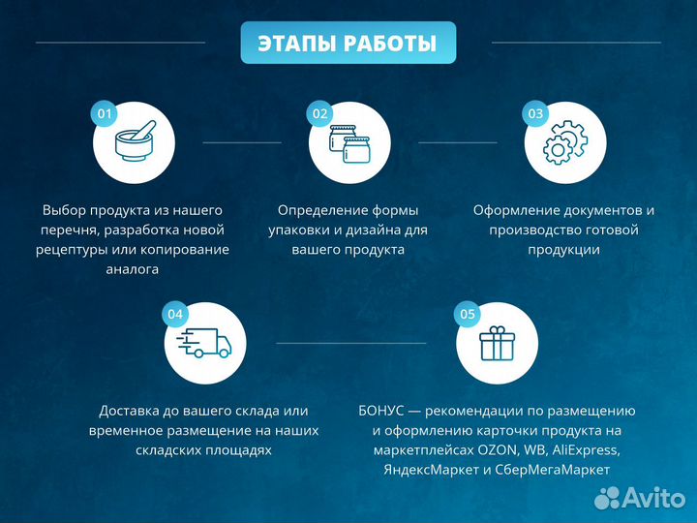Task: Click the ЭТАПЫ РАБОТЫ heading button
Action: pos(348,44)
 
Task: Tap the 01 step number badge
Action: pos(105,114)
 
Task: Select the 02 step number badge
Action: pos(320,114)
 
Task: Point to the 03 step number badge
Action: pos(535,114)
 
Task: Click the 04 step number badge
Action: pos(175,314)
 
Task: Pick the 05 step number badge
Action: pos(468,314)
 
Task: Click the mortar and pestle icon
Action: pos(134,143)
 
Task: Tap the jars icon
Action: pos(349,144)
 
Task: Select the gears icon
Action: pos(564,144)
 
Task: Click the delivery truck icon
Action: pos(204,343)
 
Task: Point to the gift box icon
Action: pos(497,343)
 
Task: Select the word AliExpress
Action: pos(588,450)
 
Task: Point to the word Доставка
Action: pos(132,411)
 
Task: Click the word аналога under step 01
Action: pos(133,269)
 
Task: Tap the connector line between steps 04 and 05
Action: pos(350,343)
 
